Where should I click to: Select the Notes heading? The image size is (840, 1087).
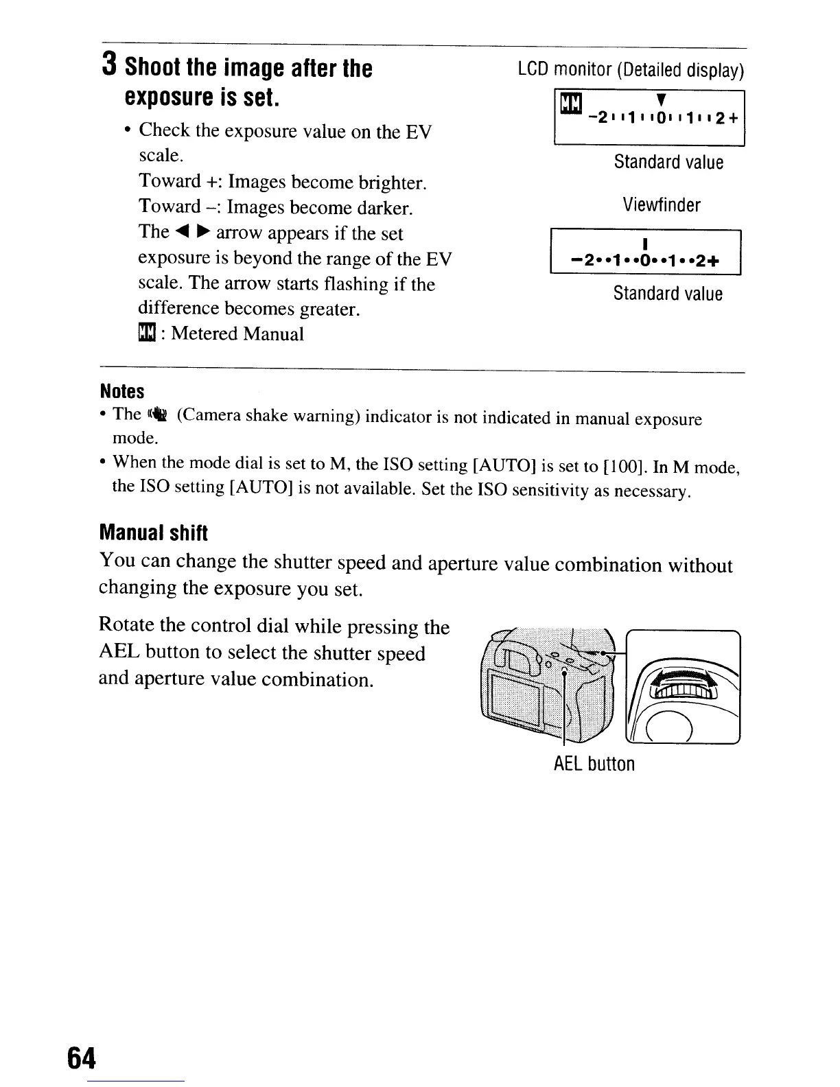click(122, 391)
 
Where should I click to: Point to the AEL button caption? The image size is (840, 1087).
click(594, 764)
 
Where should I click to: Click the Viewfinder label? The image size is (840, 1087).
click(662, 204)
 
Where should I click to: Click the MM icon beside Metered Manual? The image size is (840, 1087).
click(146, 334)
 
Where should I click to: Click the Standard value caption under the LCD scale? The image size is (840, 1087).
click(668, 163)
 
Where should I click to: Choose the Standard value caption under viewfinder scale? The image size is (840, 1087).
click(668, 294)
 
